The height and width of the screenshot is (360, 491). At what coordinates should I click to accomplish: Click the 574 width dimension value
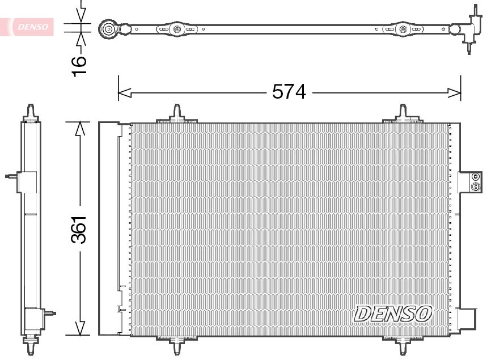289,91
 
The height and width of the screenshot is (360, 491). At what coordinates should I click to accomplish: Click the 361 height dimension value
79,230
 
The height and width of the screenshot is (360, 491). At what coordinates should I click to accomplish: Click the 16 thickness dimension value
80,62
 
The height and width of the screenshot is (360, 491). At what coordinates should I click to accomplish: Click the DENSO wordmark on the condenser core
393,312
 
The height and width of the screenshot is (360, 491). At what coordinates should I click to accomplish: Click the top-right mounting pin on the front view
403,112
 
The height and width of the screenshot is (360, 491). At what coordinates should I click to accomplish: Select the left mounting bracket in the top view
176,28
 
